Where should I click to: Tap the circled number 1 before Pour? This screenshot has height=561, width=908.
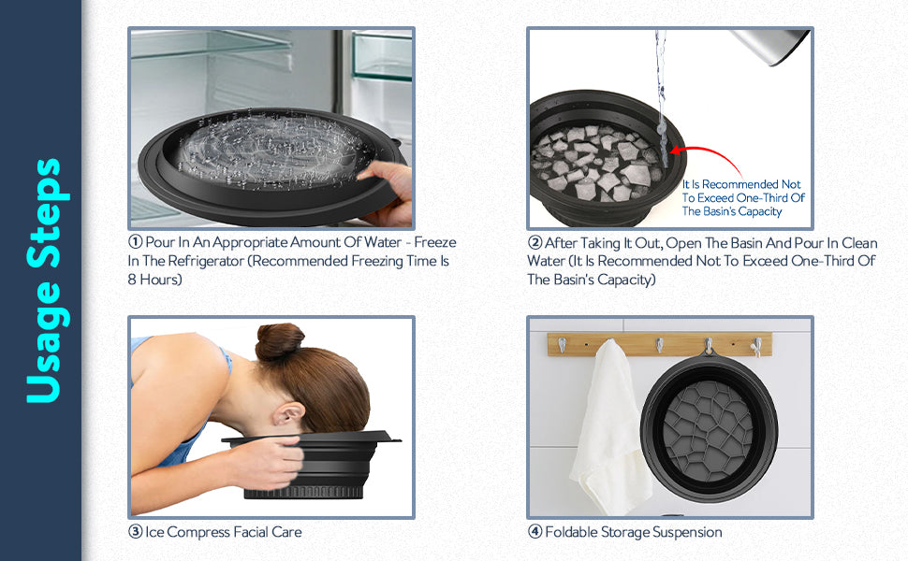click(x=136, y=242)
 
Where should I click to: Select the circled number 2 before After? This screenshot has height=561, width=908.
click(x=535, y=243)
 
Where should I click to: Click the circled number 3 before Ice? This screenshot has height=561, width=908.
click(x=136, y=531)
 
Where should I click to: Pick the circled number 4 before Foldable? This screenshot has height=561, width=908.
click(x=535, y=531)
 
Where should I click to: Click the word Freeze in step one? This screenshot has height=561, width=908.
click(x=435, y=242)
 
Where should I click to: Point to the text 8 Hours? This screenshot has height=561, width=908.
click(x=155, y=280)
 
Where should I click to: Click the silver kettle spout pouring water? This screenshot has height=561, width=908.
click(x=770, y=45)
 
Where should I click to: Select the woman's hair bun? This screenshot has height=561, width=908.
click(x=280, y=341)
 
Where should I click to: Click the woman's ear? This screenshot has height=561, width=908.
click(x=287, y=415)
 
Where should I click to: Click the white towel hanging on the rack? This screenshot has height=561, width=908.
click(x=608, y=428)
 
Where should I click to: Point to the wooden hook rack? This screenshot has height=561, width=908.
click(x=660, y=344)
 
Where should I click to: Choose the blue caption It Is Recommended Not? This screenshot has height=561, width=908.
click(x=741, y=184)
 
